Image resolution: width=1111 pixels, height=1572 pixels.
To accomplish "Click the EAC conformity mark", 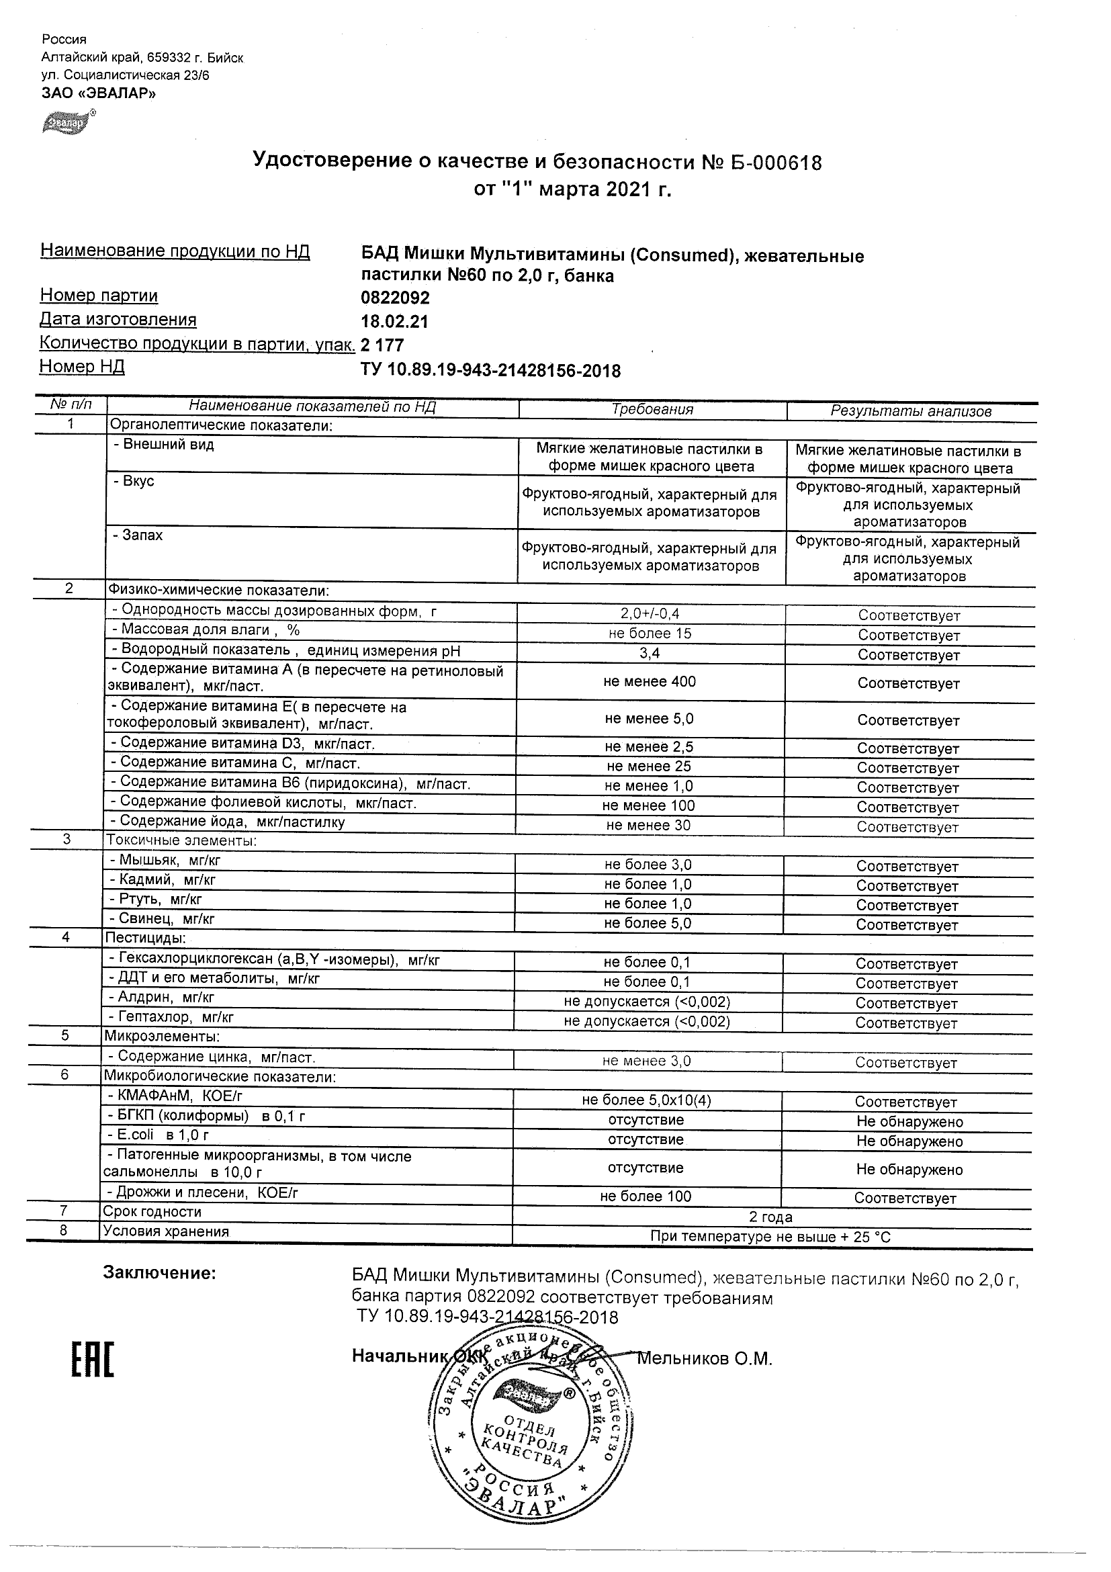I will coord(93,1359).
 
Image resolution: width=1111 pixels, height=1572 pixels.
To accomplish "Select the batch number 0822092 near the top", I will coord(395,298).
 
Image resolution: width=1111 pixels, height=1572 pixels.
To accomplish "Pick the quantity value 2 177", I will coord(382,345).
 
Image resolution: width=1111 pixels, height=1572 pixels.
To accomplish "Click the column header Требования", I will coord(652,409).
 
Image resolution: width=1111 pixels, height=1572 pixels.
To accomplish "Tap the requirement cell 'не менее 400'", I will coord(649,681).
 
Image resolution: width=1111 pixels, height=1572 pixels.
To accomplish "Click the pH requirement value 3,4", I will coord(649,653).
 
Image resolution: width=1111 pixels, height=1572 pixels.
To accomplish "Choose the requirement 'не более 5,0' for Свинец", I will coord(648,923).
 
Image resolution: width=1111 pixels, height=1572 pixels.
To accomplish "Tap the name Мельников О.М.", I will coord(704,1358).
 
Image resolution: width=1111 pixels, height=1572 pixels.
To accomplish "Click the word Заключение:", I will coord(159,1273).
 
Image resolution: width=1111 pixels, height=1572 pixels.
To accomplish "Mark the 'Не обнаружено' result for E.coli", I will coord(909,1141).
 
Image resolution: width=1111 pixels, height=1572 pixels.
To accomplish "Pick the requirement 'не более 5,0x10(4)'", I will coord(646,1100).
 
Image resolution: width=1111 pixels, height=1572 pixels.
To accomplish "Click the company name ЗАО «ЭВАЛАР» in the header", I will coord(99,93).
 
